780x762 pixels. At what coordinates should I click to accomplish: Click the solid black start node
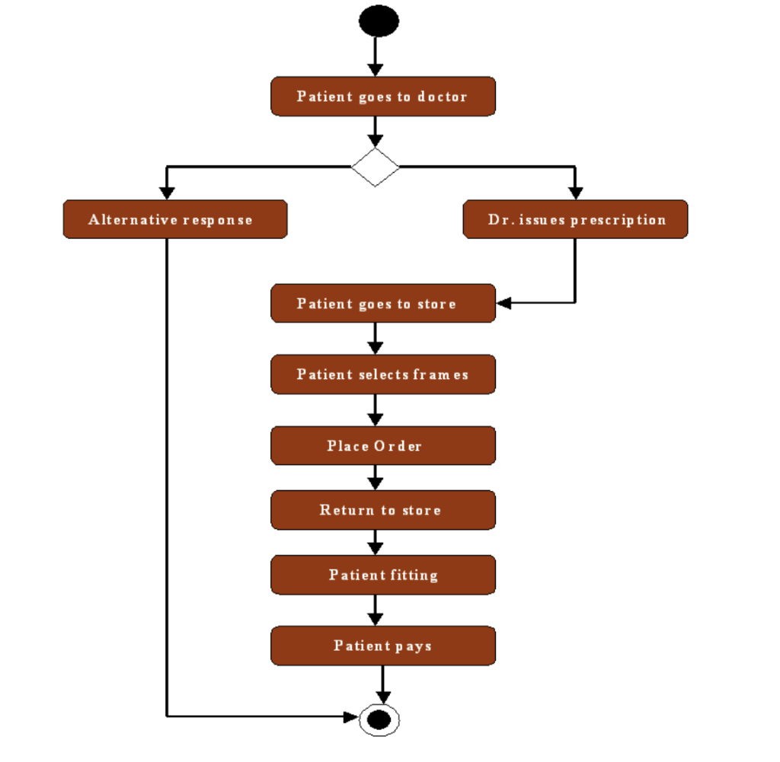[x=379, y=21]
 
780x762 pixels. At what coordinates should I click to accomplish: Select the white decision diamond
[x=376, y=167]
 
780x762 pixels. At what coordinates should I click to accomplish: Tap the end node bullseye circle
[x=379, y=719]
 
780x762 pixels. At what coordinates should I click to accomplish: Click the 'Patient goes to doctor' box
[x=383, y=97]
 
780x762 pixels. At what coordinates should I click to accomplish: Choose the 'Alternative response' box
[x=175, y=220]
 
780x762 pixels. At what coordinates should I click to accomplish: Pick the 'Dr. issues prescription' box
[x=575, y=220]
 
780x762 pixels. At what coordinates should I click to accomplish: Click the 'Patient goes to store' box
[x=383, y=304]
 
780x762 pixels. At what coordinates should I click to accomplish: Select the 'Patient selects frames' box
[x=383, y=375]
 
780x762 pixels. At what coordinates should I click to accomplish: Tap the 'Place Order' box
[x=383, y=446]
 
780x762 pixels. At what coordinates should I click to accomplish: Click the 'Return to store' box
[x=383, y=510]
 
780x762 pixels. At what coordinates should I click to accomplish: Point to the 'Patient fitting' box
[x=383, y=575]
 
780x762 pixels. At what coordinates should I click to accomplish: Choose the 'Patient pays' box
[x=383, y=646]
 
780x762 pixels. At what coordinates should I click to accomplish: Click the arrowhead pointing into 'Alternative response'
[x=167, y=193]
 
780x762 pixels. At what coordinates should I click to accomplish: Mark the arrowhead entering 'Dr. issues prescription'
[x=575, y=193]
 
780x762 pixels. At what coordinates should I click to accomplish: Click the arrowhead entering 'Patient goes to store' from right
[x=504, y=303]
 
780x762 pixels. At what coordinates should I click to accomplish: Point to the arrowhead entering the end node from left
[x=351, y=716]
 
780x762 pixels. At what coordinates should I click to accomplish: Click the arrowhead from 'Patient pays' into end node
[x=383, y=696]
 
